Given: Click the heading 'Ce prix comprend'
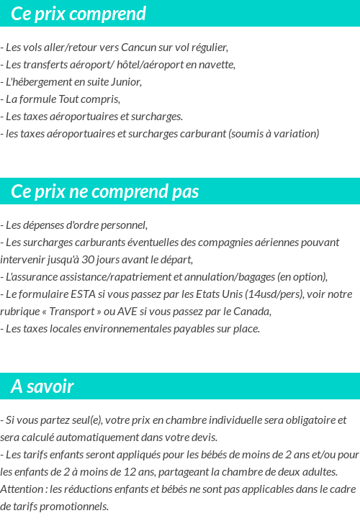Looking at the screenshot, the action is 78,14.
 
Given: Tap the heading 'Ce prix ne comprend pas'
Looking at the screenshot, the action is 105,191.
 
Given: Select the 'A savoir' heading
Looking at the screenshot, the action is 42,386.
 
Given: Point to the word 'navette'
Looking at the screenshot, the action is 218,65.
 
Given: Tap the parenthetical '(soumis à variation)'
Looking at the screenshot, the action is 274,134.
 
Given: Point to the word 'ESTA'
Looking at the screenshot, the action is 79,294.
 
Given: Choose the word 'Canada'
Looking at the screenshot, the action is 251,312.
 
